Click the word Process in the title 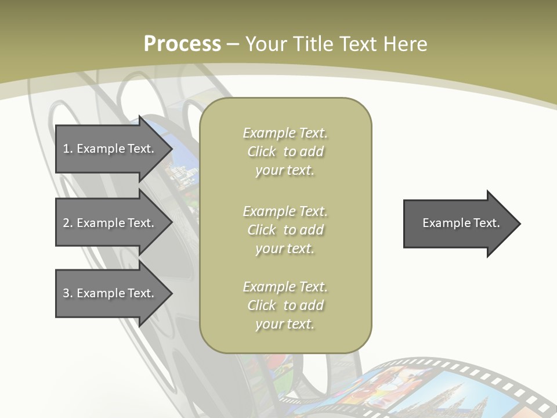(x=182, y=44)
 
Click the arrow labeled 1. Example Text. (x=110, y=149)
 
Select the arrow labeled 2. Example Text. (x=110, y=223)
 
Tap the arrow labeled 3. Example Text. (x=110, y=293)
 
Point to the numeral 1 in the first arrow (x=66, y=149)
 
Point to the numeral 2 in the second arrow (x=67, y=223)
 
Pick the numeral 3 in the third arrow (x=67, y=293)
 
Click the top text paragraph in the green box (x=285, y=152)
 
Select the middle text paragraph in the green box (x=285, y=230)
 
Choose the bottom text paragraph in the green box (x=285, y=305)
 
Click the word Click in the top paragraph (x=262, y=152)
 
